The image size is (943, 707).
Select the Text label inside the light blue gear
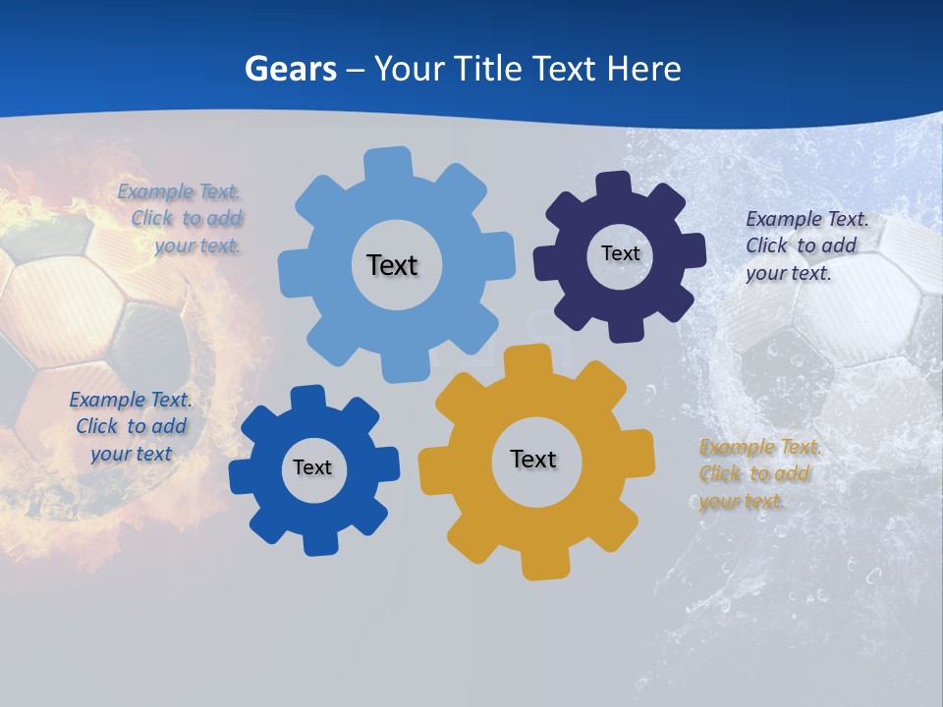click(392, 265)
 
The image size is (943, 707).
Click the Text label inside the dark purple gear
click(620, 253)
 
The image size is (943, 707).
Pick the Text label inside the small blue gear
click(312, 467)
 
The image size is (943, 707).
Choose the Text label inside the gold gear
click(533, 459)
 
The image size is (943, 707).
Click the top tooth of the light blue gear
click(388, 163)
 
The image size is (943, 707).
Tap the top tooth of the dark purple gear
click(614, 185)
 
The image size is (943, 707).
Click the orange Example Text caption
click(758, 474)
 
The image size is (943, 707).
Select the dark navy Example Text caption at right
click(805, 245)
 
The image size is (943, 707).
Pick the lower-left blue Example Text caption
click(131, 426)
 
